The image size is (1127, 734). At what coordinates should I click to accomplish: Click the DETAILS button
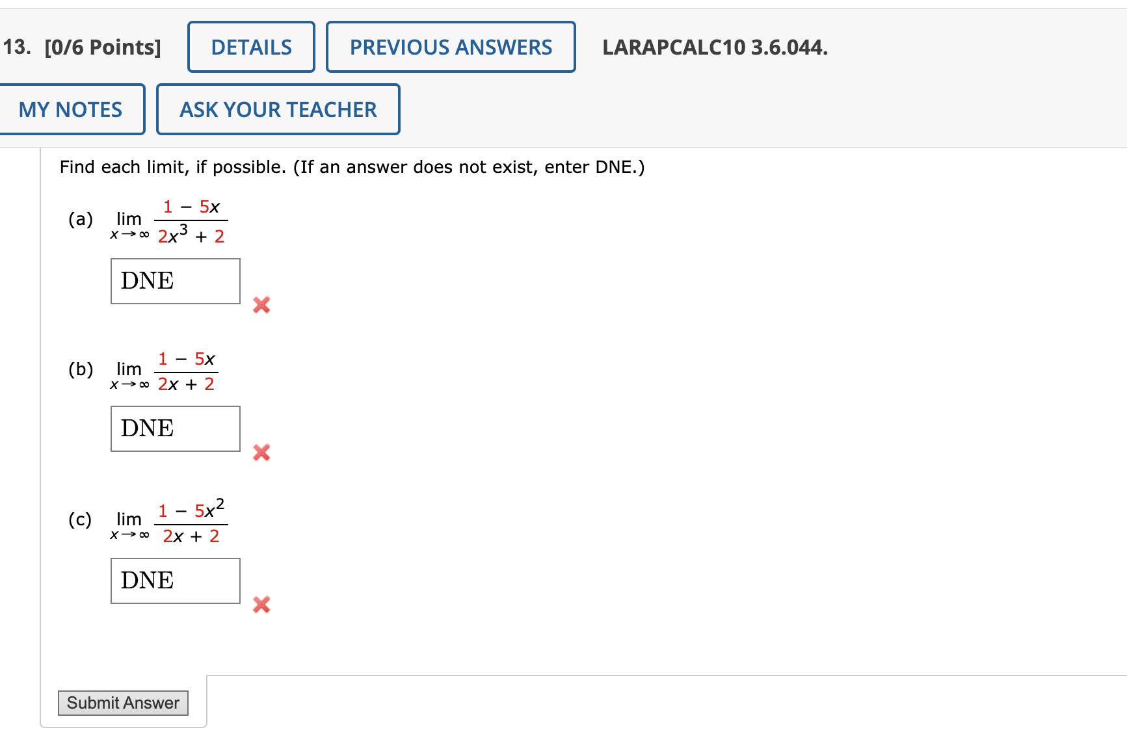pyautogui.click(x=251, y=47)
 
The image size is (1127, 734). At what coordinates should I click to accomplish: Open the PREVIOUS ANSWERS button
pyautogui.click(x=451, y=47)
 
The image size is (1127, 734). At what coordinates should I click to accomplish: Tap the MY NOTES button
pyautogui.click(x=71, y=109)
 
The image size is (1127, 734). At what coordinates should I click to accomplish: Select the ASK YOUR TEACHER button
pyautogui.click(x=278, y=109)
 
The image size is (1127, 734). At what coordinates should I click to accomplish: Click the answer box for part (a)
pyautogui.click(x=176, y=281)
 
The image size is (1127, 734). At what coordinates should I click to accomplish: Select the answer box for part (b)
pyautogui.click(x=176, y=428)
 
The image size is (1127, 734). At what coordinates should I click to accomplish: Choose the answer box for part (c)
pyautogui.click(x=176, y=581)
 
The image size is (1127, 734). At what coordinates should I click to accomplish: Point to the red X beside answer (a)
pyautogui.click(x=261, y=304)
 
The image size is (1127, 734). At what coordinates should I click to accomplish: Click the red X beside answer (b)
pyautogui.click(x=261, y=452)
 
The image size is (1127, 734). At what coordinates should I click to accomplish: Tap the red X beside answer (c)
pyautogui.click(x=261, y=605)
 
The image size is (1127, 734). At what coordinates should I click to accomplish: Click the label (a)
pyautogui.click(x=81, y=219)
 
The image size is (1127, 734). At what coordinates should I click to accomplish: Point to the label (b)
pyautogui.click(x=81, y=369)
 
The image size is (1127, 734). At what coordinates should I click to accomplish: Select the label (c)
pyautogui.click(x=80, y=519)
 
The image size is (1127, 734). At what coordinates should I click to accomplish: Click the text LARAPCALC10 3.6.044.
pyautogui.click(x=715, y=47)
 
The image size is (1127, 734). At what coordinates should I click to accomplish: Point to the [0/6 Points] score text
pyautogui.click(x=103, y=47)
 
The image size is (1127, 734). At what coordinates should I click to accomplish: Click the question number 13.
pyautogui.click(x=16, y=47)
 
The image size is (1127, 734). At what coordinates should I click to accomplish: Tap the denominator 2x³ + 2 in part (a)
pyautogui.click(x=191, y=235)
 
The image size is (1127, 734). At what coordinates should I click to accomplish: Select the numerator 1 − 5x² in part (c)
pyautogui.click(x=191, y=509)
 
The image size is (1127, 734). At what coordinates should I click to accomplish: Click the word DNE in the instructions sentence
pyautogui.click(x=613, y=167)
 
